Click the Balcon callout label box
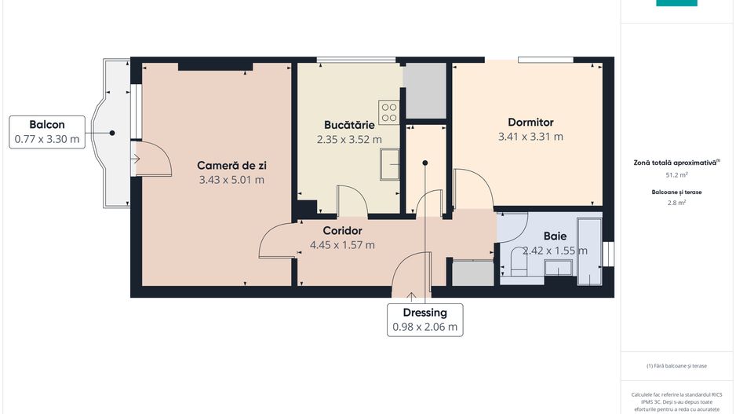(x=47, y=132)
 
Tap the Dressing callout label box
(x=426, y=320)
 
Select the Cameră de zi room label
(x=231, y=165)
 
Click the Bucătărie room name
(x=349, y=125)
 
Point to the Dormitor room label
(x=530, y=122)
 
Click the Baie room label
(x=555, y=236)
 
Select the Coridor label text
(x=342, y=230)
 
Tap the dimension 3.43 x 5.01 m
(x=231, y=179)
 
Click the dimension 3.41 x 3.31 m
(x=530, y=136)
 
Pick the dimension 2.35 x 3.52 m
(x=349, y=139)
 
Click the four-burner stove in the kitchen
(x=389, y=112)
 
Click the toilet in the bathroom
(x=517, y=263)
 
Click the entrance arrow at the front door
(x=413, y=296)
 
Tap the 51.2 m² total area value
(x=676, y=175)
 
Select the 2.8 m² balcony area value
(x=676, y=202)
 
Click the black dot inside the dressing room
(x=425, y=163)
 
